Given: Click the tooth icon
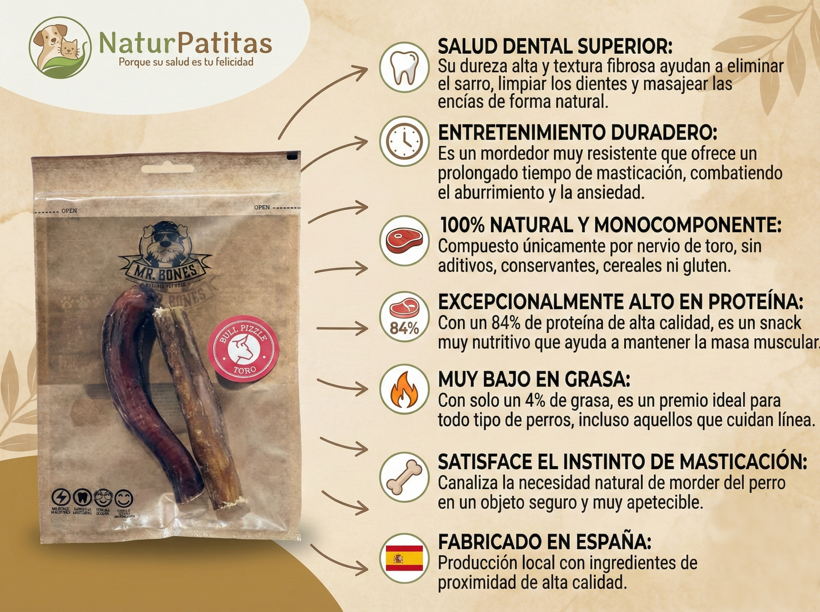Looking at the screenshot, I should [x=404, y=67].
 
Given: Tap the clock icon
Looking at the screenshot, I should [x=404, y=141].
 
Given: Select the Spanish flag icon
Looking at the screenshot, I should [x=404, y=558].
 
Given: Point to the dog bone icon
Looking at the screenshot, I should [x=404, y=476].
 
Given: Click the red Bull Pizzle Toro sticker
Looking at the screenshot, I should [x=243, y=348].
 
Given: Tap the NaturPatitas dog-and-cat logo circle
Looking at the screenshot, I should [x=60, y=48].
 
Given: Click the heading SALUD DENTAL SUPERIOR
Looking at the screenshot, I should [x=555, y=47].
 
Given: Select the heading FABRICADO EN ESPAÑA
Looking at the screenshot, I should [x=544, y=542].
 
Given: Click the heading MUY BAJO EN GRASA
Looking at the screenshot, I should [x=533, y=379].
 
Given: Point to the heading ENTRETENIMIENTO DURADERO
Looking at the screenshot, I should [x=577, y=133].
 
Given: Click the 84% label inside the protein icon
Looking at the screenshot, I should [x=404, y=328].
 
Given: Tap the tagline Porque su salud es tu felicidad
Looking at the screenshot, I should [x=186, y=62].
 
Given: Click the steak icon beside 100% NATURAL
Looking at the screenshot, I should [x=404, y=240].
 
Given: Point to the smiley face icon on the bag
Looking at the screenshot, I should [x=124, y=499].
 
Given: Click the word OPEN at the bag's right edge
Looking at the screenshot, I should [x=262, y=208].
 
